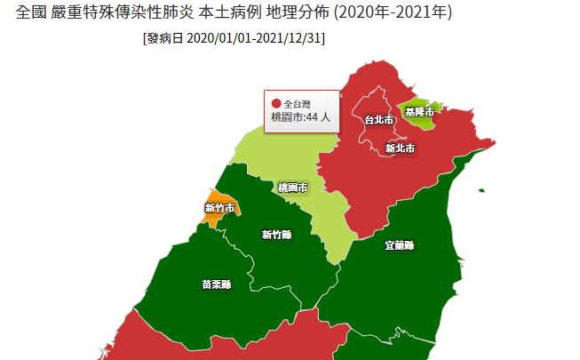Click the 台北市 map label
[378, 119]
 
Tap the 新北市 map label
[400, 148]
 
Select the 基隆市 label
[419, 112]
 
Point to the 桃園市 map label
[292, 188]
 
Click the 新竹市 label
[219, 208]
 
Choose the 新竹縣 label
[276, 235]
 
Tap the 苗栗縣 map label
[216, 284]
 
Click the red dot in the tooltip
[275, 103]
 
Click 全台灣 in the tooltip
[298, 104]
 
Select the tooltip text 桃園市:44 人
[300, 116]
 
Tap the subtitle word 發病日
[165, 40]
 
